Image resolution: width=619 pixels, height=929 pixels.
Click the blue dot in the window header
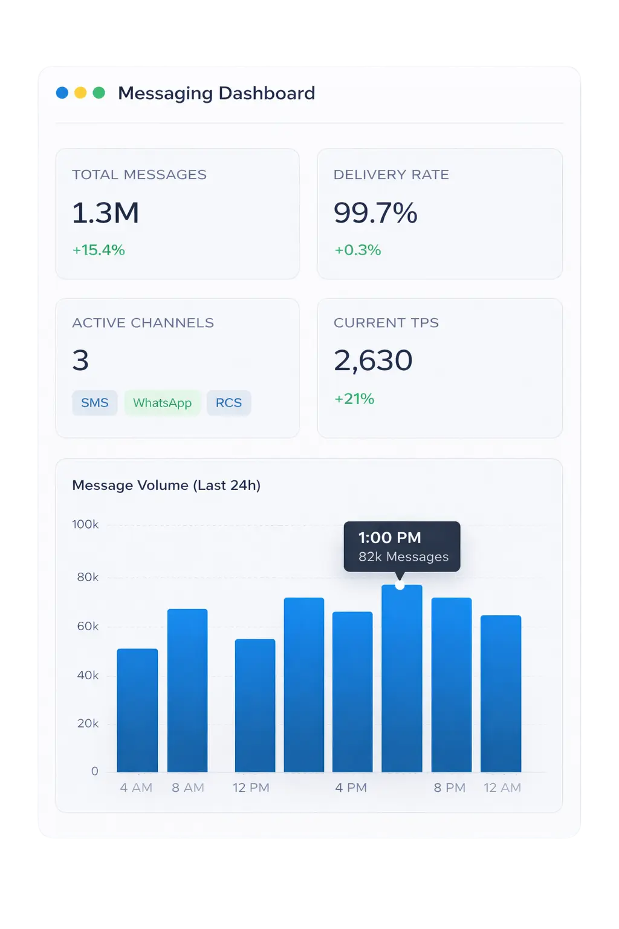click(x=62, y=93)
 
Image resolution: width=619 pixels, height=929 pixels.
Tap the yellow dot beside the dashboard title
click(x=80, y=93)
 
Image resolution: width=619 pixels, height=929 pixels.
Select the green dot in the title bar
click(x=99, y=93)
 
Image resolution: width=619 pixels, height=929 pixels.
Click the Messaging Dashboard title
click(x=216, y=93)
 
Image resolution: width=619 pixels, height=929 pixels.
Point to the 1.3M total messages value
click(x=106, y=213)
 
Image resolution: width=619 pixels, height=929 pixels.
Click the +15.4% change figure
click(x=99, y=250)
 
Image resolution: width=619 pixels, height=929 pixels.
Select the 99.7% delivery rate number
click(x=375, y=213)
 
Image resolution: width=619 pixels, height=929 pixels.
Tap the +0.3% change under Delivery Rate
click(x=358, y=250)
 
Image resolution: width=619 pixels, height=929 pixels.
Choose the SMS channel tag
click(x=95, y=403)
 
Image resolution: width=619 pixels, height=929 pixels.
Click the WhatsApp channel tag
click(x=162, y=403)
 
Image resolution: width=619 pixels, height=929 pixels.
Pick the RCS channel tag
click(x=228, y=403)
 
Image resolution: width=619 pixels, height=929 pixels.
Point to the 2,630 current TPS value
click(x=373, y=360)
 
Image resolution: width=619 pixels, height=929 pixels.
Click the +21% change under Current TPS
click(x=355, y=399)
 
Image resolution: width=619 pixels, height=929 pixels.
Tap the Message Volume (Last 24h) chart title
click(x=166, y=485)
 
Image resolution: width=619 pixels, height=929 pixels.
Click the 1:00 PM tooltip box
click(x=402, y=546)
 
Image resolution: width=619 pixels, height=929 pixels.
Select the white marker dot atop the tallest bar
click(x=400, y=585)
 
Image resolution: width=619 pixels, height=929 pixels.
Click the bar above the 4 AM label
click(x=137, y=711)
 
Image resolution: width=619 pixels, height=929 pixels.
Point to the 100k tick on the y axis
click(x=85, y=524)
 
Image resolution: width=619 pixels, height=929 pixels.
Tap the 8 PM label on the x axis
click(x=450, y=787)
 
